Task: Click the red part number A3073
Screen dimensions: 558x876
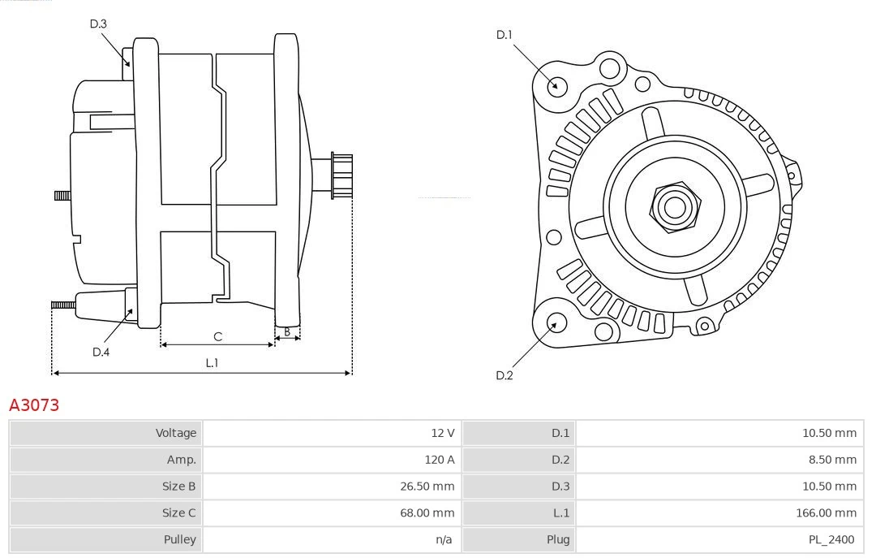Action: [x=34, y=404]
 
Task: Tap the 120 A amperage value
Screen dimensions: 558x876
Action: [x=439, y=460]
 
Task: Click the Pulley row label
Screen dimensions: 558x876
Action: [x=179, y=539]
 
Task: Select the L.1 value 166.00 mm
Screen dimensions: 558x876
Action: [x=827, y=513]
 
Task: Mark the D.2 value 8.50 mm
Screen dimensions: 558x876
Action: [x=830, y=460]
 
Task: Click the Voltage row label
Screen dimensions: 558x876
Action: [x=176, y=433]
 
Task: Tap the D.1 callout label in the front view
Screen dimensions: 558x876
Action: [x=505, y=35]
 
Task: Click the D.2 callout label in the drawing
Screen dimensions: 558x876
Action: [x=505, y=375]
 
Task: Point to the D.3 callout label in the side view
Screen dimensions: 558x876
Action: [x=98, y=24]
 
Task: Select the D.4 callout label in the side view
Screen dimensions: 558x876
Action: [x=101, y=352]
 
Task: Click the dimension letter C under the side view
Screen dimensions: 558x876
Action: [x=217, y=336]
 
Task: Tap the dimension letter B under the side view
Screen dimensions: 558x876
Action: [x=287, y=331]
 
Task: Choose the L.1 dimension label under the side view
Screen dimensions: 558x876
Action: [x=212, y=363]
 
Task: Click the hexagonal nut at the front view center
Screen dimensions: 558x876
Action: [x=674, y=207]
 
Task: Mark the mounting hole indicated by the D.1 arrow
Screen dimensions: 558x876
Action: [x=556, y=85]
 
